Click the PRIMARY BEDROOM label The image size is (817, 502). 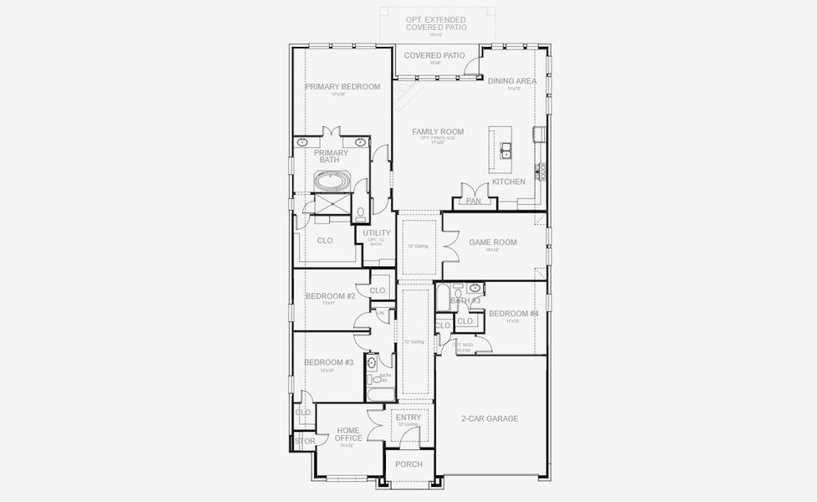point(342,87)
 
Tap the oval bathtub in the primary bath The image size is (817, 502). point(333,181)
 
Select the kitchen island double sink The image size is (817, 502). point(507,151)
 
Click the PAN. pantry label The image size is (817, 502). point(474,201)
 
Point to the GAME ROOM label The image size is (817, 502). point(492,243)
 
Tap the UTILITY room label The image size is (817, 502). point(377,233)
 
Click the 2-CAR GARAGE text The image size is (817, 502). point(490,418)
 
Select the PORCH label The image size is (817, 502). point(408,464)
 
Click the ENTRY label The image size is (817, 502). point(408,417)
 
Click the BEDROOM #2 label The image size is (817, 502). point(330,296)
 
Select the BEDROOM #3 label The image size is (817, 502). point(328,362)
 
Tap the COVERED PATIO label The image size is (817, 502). point(434,55)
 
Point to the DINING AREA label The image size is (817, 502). point(512,81)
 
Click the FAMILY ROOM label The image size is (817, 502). point(437,131)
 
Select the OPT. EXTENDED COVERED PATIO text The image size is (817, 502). point(435,23)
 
